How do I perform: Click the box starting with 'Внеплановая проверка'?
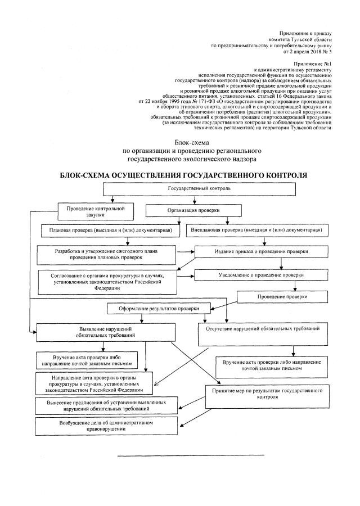(264, 231)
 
